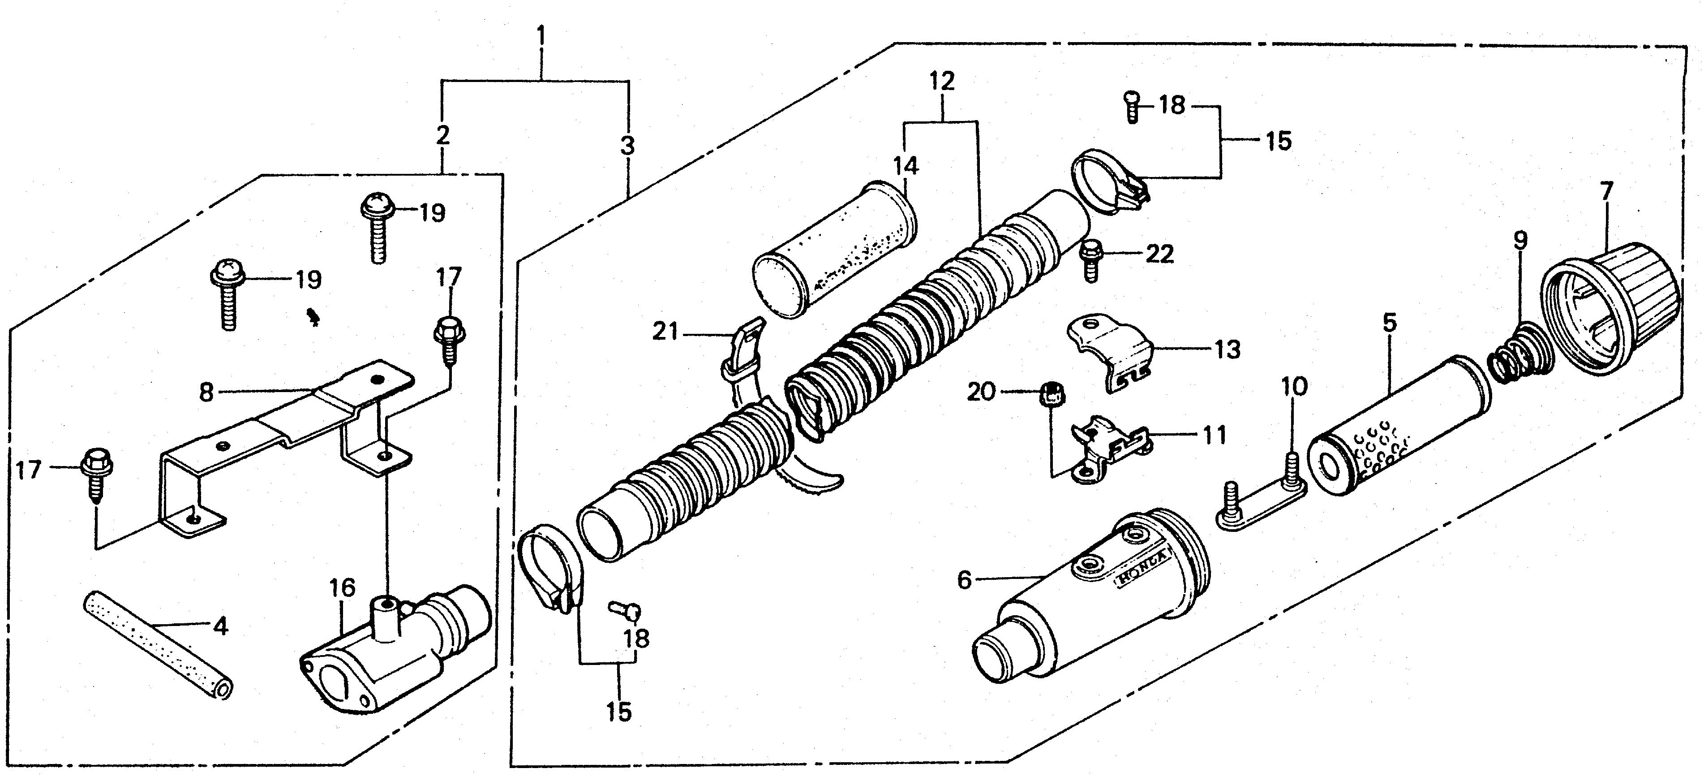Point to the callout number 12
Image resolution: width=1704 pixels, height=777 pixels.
click(942, 82)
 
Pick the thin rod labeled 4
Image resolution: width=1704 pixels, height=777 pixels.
click(159, 642)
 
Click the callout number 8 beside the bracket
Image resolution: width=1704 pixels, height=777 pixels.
click(206, 393)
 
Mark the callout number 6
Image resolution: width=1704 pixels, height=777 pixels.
click(965, 580)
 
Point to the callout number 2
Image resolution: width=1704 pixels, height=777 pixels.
click(442, 135)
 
